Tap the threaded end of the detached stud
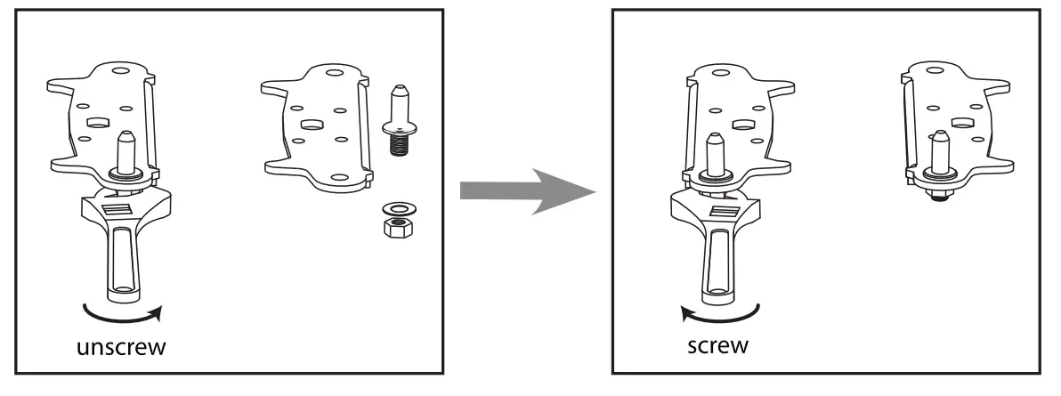(398, 144)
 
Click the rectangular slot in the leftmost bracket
(97, 118)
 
